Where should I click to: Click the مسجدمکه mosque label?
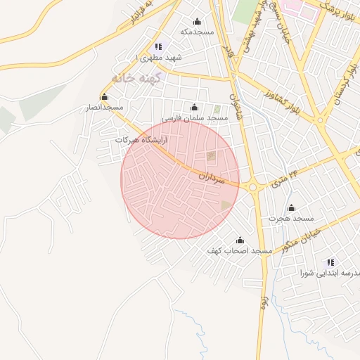pos(196,32)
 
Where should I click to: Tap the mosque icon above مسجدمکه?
pos(197,21)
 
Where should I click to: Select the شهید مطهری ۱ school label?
pos(158,57)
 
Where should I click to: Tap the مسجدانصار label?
pos(104,108)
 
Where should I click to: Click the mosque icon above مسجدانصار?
pos(105,97)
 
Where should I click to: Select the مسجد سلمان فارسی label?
pos(195,118)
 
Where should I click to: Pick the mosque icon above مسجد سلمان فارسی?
pos(195,108)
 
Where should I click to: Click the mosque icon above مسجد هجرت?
pos(292,208)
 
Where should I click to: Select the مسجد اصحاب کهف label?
pos(239,250)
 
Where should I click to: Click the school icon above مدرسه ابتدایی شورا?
pos(331,262)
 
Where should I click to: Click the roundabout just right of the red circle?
pos(253,187)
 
